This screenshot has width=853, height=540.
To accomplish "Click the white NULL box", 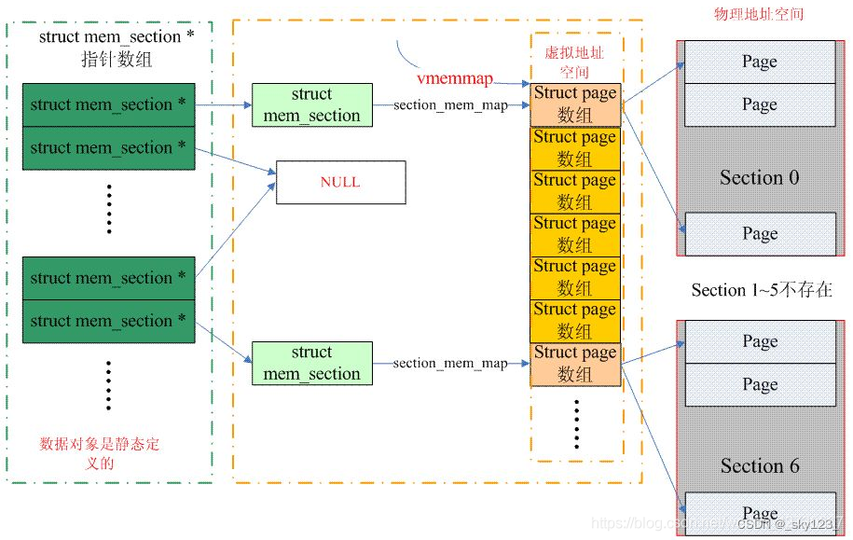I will point(339,182).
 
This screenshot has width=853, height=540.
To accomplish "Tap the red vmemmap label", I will point(455,79).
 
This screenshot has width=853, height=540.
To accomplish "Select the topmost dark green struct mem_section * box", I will point(108,104).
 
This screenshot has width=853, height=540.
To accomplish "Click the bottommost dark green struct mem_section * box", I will point(108,321).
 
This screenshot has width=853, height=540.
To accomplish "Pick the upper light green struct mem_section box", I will point(311,104).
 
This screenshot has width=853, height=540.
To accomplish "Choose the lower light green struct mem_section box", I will point(311,363).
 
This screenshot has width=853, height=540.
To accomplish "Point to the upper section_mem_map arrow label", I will point(451,105).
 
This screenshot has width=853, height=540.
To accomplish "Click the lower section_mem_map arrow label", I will point(451,364).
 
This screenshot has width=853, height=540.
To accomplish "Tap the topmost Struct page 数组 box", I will point(575,104).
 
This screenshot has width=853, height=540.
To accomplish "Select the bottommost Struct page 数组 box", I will point(575,364).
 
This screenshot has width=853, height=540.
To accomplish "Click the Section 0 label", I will point(759,177).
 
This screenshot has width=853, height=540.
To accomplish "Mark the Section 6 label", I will point(759,465).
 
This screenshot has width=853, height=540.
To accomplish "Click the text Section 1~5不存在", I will point(762,290).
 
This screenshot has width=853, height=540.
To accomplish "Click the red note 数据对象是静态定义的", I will point(100,453).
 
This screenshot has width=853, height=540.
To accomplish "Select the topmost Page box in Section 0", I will point(759,62).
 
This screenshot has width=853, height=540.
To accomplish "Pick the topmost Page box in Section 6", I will point(759,341).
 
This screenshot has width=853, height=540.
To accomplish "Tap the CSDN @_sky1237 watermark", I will point(789,524).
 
